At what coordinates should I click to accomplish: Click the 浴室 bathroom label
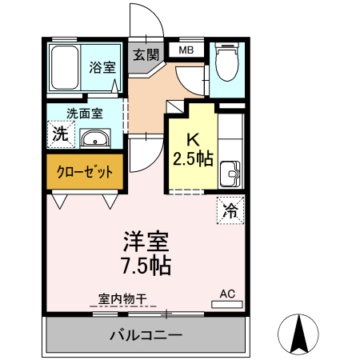[x=101, y=68]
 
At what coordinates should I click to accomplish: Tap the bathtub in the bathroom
[x=63, y=70]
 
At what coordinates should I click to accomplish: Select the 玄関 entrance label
[x=146, y=55]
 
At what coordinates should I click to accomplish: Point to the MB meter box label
[x=186, y=50]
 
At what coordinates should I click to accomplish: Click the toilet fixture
[x=228, y=63]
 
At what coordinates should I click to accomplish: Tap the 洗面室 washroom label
[x=83, y=114]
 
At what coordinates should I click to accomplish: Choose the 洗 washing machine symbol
[x=60, y=134]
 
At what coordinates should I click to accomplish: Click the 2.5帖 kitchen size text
[x=193, y=158]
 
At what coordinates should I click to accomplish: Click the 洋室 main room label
[x=145, y=241]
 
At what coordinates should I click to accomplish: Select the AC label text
[x=227, y=293]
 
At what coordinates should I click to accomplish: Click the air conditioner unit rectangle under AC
[x=227, y=304]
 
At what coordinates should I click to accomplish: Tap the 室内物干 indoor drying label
[x=122, y=299]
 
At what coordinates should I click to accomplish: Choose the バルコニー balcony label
[x=146, y=335]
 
